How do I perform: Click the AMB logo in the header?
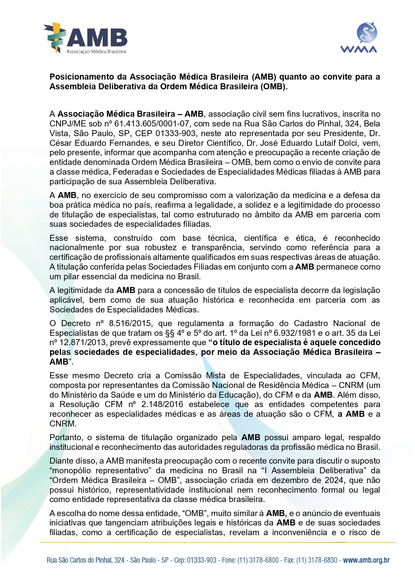[86, 38]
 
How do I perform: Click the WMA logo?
[358, 37]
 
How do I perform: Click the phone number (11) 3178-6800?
[258, 560]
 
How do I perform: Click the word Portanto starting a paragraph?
[66, 437]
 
